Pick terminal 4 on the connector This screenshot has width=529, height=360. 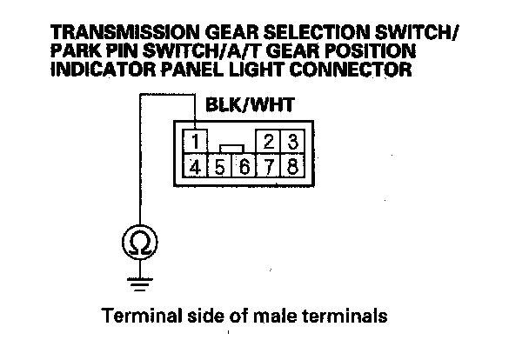(198, 164)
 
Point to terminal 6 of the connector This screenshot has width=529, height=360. (245, 165)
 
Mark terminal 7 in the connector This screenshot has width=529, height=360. (270, 165)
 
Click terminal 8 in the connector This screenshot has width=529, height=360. (293, 165)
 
